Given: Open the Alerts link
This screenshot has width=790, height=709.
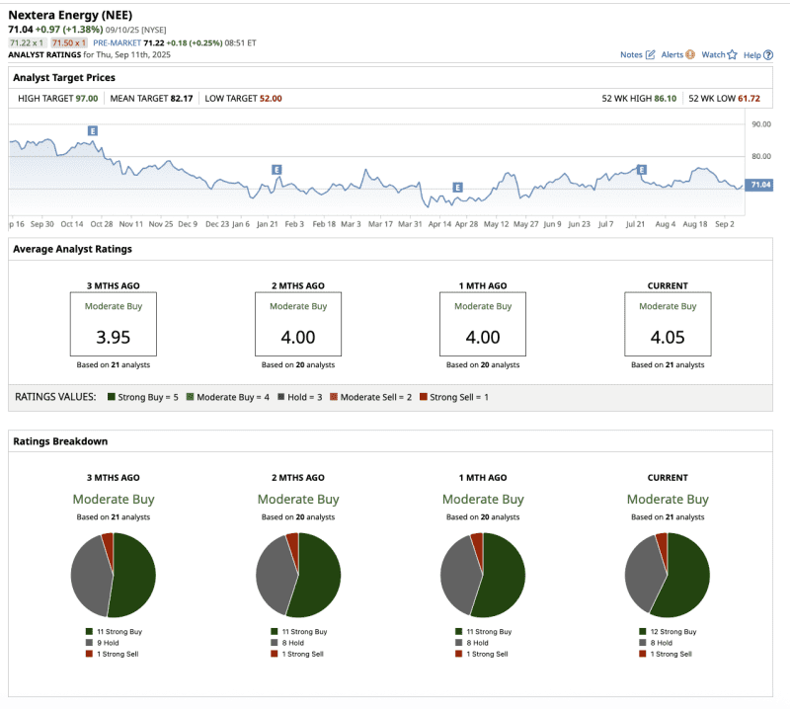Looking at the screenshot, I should coord(676,55).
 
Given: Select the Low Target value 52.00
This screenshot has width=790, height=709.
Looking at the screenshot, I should coord(271,99).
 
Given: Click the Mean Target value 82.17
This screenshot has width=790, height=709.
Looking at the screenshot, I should coord(180,99).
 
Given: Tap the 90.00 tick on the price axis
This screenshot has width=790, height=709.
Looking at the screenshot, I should coord(760,124).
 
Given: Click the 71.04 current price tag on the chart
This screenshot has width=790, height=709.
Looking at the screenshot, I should coord(759,185).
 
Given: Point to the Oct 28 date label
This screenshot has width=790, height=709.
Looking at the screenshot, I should coord(102,224).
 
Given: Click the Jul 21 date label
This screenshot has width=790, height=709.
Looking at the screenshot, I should coord(636,224).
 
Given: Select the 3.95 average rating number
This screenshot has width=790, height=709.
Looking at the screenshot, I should coord(113,337).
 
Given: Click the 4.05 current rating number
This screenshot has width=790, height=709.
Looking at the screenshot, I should coord(667,337).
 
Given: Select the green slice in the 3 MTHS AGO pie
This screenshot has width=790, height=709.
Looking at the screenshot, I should coord(135,578).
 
